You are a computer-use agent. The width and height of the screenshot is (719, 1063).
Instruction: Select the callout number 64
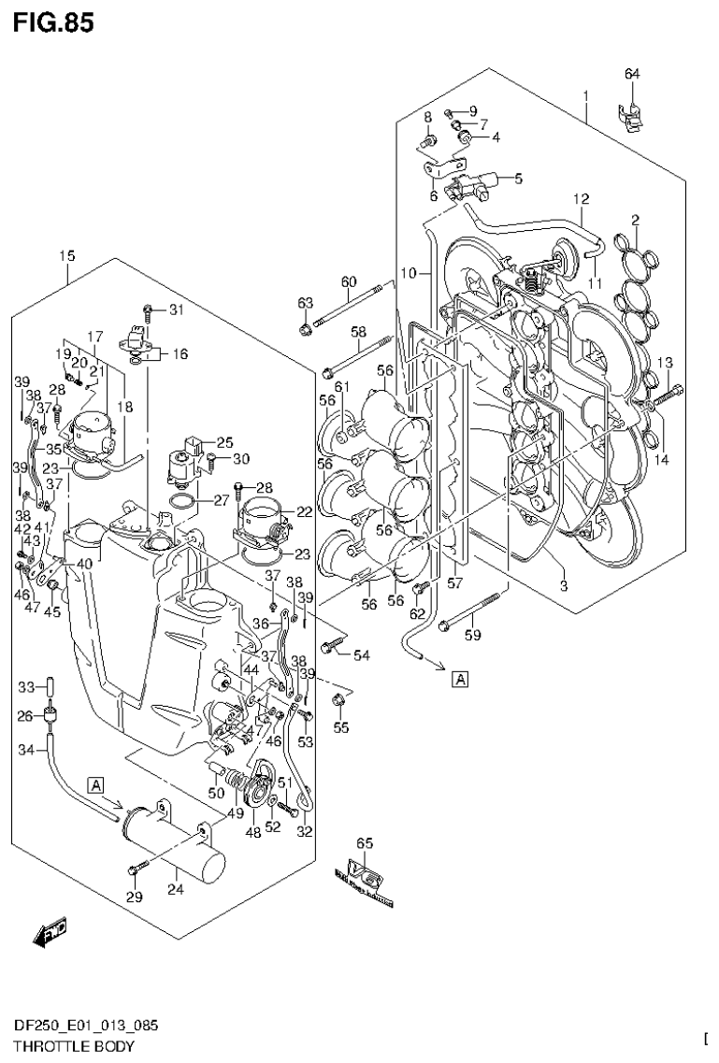[x=632, y=74]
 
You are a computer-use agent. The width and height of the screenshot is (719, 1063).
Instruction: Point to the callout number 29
[x=134, y=898]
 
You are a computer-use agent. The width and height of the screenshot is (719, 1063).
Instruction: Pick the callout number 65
[x=366, y=843]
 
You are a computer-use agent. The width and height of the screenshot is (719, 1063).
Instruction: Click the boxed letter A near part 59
[x=460, y=678]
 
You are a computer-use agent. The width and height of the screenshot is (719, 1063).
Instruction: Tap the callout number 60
[x=349, y=282]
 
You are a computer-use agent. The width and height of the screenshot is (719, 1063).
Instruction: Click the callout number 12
[x=581, y=199]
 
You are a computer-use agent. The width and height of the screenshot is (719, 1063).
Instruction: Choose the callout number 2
[x=635, y=220]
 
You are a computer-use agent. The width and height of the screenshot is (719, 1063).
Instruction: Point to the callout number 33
[x=27, y=687]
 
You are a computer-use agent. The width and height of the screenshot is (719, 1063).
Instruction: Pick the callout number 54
[x=361, y=655]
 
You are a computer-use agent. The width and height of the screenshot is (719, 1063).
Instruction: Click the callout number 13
[x=665, y=363]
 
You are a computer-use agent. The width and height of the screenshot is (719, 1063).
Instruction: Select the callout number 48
[x=252, y=832]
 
